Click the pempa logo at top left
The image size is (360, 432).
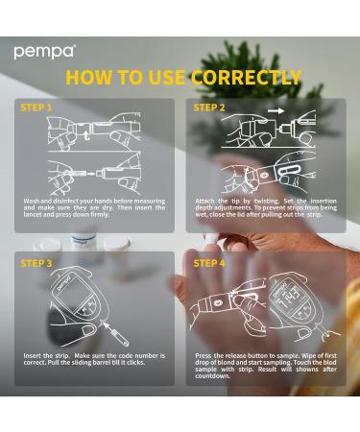(x=45, y=52)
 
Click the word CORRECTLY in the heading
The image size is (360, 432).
(x=247, y=78)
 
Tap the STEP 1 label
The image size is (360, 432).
(x=36, y=108)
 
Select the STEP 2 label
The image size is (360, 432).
(x=209, y=108)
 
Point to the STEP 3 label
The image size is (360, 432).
(x=36, y=263)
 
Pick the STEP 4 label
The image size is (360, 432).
(x=209, y=263)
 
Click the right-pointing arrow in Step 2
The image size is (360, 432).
(x=276, y=110)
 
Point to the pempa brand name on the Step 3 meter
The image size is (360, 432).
(x=65, y=282)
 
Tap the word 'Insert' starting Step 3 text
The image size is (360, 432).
(x=32, y=356)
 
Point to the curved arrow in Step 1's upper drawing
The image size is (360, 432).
(x=84, y=135)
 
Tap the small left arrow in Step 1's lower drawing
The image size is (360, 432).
(x=91, y=174)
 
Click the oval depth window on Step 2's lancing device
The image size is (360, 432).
(x=290, y=170)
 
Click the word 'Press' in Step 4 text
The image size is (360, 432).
(x=204, y=356)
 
